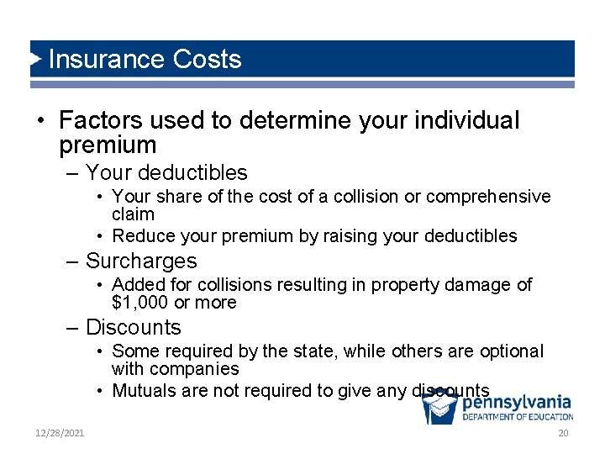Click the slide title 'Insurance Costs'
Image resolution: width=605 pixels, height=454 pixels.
pyautogui.click(x=145, y=59)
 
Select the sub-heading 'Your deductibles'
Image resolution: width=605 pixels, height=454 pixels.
pyautogui.click(x=166, y=173)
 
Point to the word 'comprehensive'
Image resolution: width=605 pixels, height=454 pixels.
pyautogui.click(x=488, y=197)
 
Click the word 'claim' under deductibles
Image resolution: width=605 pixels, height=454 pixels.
pyautogui.click(x=133, y=214)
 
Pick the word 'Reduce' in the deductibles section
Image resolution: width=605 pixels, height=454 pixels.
pyautogui.click(x=140, y=236)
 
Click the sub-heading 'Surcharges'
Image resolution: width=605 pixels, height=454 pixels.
pyautogui.click(x=141, y=261)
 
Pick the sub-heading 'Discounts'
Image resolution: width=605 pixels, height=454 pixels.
pyautogui.click(x=134, y=327)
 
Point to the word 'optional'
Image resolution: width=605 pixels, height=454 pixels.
pyautogui.click(x=512, y=351)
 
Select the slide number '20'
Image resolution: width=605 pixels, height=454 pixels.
pyautogui.click(x=563, y=433)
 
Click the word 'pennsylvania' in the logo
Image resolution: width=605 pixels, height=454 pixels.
pyautogui.click(x=516, y=403)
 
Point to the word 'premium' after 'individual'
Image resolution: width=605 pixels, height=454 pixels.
pyautogui.click(x=108, y=145)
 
